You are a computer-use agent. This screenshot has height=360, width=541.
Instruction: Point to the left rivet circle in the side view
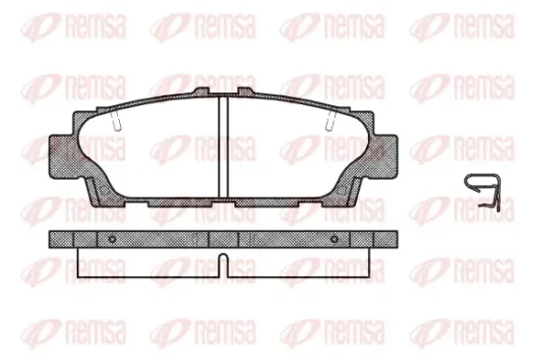click(113, 240)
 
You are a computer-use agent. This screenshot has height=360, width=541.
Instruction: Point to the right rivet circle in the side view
click(334, 240)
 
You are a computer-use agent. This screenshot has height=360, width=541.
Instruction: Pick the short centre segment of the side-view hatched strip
click(222, 240)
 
